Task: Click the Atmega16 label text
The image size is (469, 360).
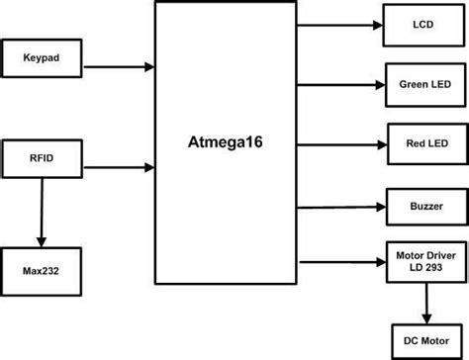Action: click(227, 141)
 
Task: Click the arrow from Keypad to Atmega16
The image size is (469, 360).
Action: click(118, 67)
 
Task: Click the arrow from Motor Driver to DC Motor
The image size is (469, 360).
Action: click(425, 303)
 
